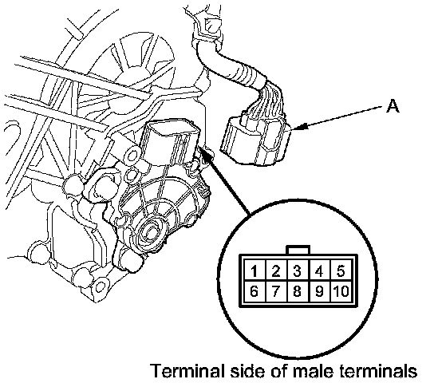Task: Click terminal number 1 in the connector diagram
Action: (254, 271)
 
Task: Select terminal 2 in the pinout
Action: (276, 271)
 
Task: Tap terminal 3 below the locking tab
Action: (298, 271)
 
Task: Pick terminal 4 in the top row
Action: (319, 271)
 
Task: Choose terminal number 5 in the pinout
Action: (341, 271)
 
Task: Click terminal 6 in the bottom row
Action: (254, 291)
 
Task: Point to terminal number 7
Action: (276, 291)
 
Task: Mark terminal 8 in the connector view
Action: (298, 291)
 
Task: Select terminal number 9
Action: (319, 291)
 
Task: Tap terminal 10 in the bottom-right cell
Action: (341, 291)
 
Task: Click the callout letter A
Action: (393, 106)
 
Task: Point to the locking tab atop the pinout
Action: (298, 250)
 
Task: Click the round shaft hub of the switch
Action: (150, 232)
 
